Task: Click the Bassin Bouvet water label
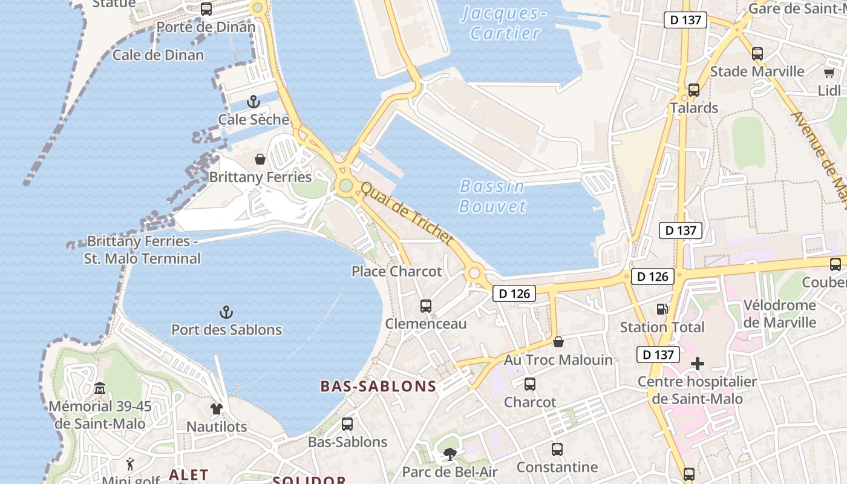coord(492,196)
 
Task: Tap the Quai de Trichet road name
coord(406,213)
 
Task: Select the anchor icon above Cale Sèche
coord(253,102)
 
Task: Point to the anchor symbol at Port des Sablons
coord(226,312)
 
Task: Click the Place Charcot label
coord(397,272)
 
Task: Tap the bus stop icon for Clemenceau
coord(426,306)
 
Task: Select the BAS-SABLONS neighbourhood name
coord(378,387)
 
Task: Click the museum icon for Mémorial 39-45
coord(100,388)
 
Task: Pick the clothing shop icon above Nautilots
coord(217,409)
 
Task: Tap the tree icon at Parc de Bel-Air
coord(450,454)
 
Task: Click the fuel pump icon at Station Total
coord(662,309)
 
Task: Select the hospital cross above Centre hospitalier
coord(698,364)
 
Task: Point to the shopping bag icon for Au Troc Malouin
coord(558,342)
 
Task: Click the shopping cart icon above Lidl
coord(829,73)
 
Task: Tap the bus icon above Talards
coord(694,90)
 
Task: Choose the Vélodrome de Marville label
coord(780,313)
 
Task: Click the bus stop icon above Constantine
coord(557,450)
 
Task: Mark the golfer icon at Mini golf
coord(130,465)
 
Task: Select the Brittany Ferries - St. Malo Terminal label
coord(143,250)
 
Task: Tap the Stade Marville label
coord(757,71)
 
